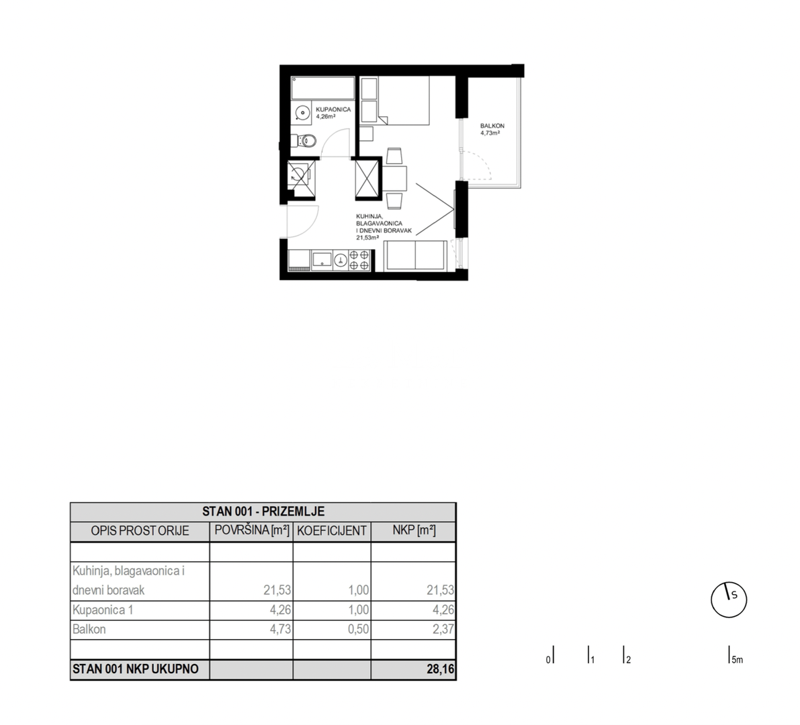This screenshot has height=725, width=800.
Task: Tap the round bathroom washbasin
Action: pos(302,113)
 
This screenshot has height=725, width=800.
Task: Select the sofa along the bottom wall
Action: pos(414,256)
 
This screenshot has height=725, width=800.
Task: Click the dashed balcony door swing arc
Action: pos(485,168)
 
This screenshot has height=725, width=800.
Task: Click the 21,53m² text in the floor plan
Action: pos(367,237)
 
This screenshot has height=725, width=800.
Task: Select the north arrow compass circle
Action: pos(729,599)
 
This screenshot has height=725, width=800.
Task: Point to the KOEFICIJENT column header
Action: pos(332,531)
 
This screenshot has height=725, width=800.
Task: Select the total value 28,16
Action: pos(441,669)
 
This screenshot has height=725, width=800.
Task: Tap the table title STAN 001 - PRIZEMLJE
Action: pos(263,512)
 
